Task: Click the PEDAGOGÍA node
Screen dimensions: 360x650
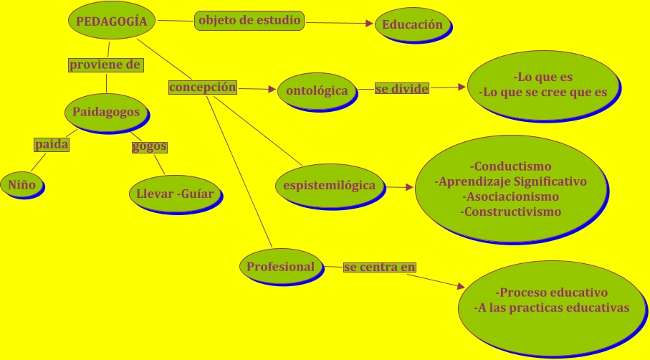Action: pos(111,22)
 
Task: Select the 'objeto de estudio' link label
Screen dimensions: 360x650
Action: pos(249,20)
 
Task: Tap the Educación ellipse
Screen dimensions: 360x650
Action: pos(412,24)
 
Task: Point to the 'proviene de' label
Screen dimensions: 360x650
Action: pos(105,65)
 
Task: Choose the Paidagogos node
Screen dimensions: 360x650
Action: pos(106,112)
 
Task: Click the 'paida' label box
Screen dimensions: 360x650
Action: pos(52,145)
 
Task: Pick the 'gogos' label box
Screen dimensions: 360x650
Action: pos(150,146)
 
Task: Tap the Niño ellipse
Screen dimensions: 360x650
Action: pos(21,184)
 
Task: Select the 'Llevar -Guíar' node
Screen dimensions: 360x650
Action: pos(175,193)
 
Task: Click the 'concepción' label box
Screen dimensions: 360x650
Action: pos(203,87)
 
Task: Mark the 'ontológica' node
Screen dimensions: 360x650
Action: pos(316,91)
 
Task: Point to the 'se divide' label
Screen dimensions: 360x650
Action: pos(402,89)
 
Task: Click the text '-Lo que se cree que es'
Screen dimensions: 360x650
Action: pos(543,92)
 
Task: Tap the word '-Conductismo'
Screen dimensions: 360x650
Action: pos(510,166)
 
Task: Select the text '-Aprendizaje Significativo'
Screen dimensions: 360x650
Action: pos(510,181)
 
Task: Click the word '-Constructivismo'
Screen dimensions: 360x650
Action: pos(510,212)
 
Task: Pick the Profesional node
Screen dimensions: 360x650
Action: pos(280,267)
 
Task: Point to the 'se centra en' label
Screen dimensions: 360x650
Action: pos(380,267)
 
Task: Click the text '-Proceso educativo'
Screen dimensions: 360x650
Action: pos(551,293)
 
